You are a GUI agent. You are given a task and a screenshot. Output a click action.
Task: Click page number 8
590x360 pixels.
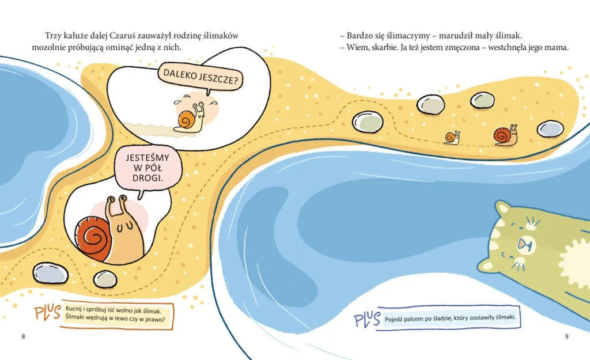click(x=23, y=336)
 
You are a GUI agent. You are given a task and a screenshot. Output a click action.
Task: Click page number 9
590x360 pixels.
click(x=566, y=336)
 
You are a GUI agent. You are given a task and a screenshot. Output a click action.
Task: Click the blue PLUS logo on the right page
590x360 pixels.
click(x=366, y=319)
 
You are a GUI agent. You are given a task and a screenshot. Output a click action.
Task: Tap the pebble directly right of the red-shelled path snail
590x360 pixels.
click(x=550, y=128)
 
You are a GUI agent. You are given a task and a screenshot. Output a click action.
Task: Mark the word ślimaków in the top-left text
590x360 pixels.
click(x=220, y=36)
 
